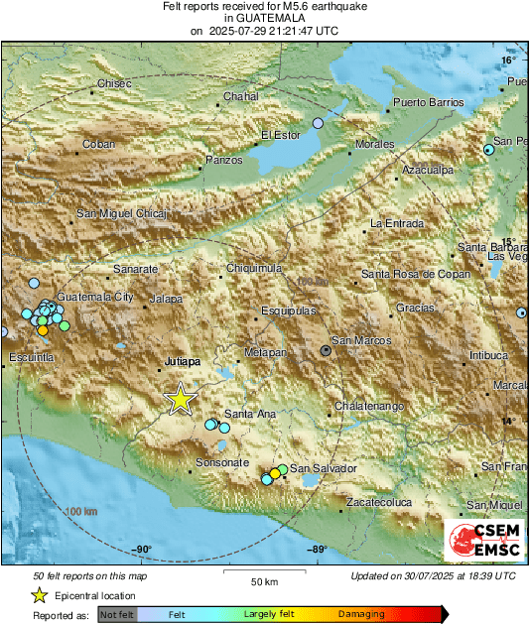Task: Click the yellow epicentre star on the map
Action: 180,399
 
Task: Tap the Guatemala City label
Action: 95,297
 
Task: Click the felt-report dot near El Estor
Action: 318,123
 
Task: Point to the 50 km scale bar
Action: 263,572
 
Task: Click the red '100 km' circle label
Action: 84,511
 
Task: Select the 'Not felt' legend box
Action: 116,615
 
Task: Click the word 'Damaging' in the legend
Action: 361,615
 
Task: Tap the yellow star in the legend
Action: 39,595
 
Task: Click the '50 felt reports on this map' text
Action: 90,575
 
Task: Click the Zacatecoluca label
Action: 378,503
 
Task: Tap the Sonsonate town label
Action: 222,462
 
